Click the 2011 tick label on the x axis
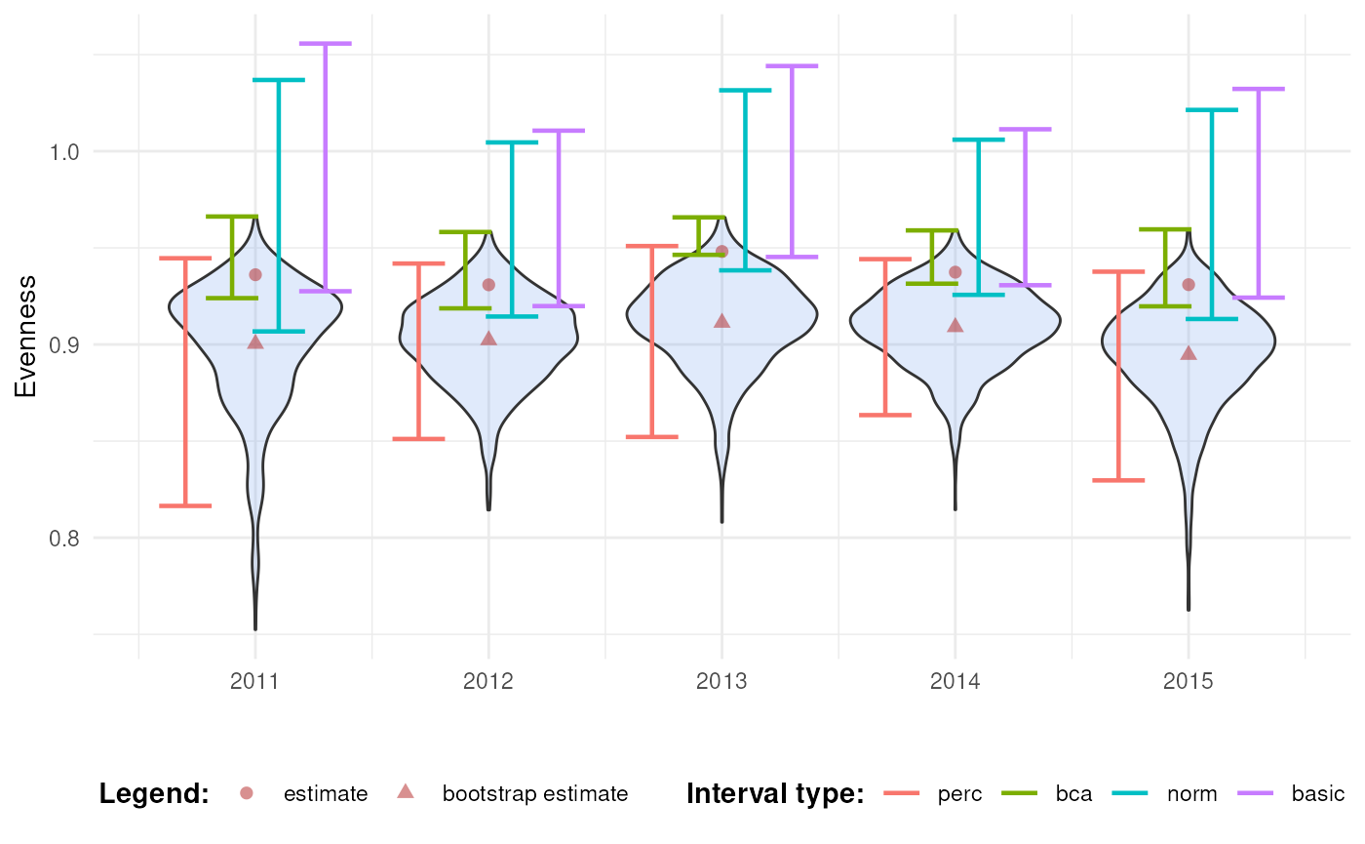click(254, 681)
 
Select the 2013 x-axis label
click(721, 681)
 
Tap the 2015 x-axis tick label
click(1188, 681)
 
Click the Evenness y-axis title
click(26, 337)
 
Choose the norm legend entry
click(1191, 794)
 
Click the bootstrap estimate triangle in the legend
click(407, 792)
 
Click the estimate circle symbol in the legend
click(247, 793)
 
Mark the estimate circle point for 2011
click(255, 274)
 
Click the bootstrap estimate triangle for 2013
click(721, 321)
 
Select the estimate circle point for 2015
click(1188, 285)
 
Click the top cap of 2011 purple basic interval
click(326, 44)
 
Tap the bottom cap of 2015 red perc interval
click(1118, 480)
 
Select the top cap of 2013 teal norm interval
click(745, 90)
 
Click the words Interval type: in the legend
click(775, 794)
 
